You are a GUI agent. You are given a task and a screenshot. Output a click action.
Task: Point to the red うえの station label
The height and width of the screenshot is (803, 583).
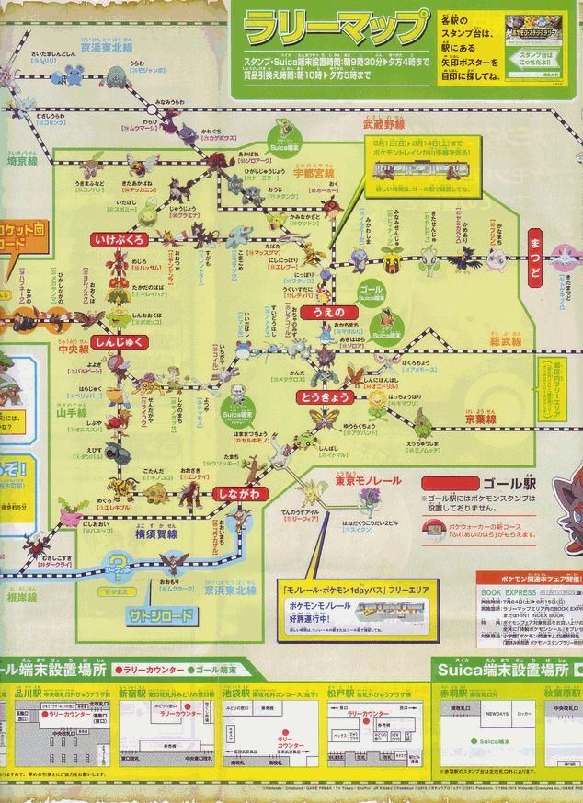pyautogui.click(x=325, y=313)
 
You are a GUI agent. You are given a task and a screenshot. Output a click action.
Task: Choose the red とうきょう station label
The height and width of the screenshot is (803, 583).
pyautogui.click(x=320, y=398)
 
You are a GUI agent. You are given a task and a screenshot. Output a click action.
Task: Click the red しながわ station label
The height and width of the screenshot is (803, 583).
pyautogui.click(x=241, y=493)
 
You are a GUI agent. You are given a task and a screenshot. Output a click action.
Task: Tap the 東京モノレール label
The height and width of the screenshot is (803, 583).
pyautogui.click(x=345, y=481)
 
